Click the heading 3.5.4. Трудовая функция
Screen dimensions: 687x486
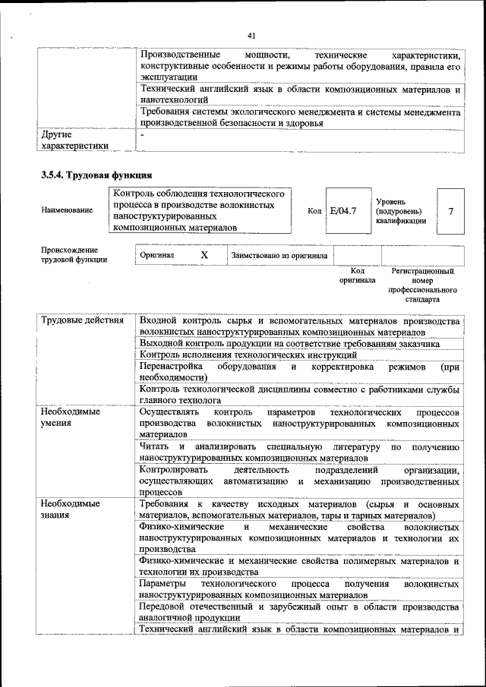[91, 175]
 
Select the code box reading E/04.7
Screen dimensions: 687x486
[343, 210]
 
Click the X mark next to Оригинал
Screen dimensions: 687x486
[204, 256]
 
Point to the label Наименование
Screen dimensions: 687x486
[68, 210]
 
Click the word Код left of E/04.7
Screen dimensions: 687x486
[314, 210]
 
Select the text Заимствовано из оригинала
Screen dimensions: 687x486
[280, 256]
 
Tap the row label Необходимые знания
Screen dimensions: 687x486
[71, 509]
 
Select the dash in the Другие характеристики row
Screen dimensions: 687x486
[143, 134]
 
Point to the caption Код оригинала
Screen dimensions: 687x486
[357, 276]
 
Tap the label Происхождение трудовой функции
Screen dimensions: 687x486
[74, 255]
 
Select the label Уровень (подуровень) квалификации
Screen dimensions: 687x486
[400, 210]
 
